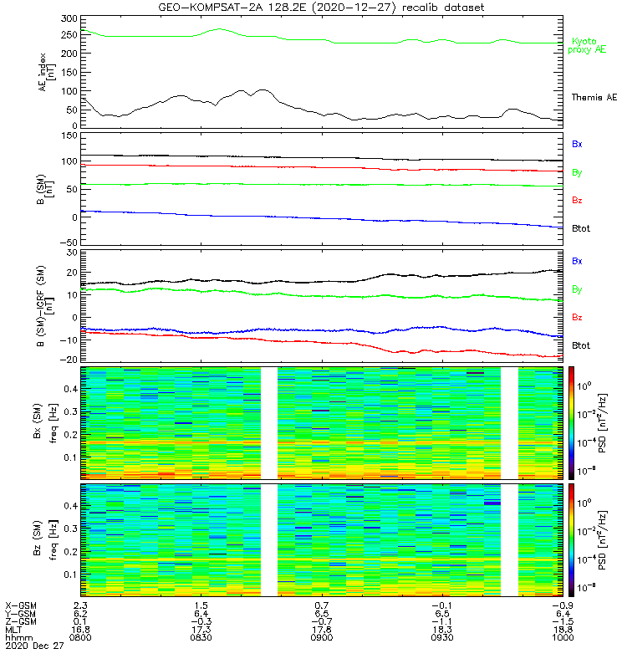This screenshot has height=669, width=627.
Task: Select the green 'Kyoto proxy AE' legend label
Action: coord(588,45)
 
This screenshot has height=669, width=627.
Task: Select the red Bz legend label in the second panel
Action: coord(578,201)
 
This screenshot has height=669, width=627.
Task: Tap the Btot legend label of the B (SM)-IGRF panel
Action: coord(582,345)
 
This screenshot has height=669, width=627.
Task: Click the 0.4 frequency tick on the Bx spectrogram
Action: coord(70,389)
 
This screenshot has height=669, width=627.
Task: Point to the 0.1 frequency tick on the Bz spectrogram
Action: coord(70,575)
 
